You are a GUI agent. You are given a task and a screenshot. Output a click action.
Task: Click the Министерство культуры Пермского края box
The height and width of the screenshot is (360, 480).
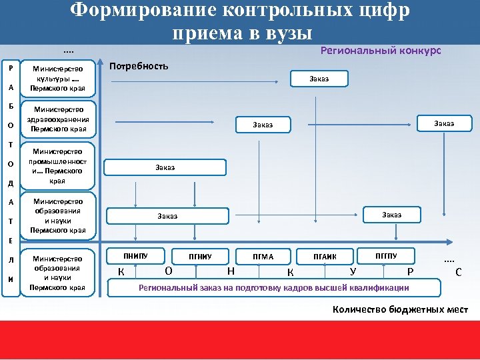(x=59, y=79)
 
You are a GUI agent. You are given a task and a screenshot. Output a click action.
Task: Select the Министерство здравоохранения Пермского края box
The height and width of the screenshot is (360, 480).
(x=59, y=119)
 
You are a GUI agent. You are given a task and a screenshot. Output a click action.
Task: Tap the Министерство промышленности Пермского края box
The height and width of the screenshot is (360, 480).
(x=59, y=166)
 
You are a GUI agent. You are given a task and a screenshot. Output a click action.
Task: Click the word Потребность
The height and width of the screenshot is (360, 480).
(x=139, y=67)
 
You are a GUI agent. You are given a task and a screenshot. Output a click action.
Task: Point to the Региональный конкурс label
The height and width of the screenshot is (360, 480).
(x=381, y=51)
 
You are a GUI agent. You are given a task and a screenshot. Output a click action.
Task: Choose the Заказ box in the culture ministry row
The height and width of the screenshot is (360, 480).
(x=319, y=79)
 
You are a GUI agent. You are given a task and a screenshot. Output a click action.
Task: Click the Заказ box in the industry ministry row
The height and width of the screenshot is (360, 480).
(x=165, y=167)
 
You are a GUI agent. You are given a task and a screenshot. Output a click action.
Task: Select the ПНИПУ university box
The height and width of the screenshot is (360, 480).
(x=135, y=255)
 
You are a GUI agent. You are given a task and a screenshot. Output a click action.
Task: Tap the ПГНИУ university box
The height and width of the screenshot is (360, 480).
(x=200, y=256)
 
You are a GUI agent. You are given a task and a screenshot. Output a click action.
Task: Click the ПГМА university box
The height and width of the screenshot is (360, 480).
(x=263, y=256)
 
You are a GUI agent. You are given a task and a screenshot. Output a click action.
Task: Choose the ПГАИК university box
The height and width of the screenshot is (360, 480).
(x=325, y=256)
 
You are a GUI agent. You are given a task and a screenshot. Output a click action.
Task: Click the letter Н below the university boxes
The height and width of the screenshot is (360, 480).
(x=230, y=271)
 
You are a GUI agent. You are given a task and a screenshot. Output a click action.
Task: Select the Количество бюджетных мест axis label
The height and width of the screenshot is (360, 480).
(x=400, y=309)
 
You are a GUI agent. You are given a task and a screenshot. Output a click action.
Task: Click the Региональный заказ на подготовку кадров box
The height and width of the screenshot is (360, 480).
(x=273, y=287)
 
